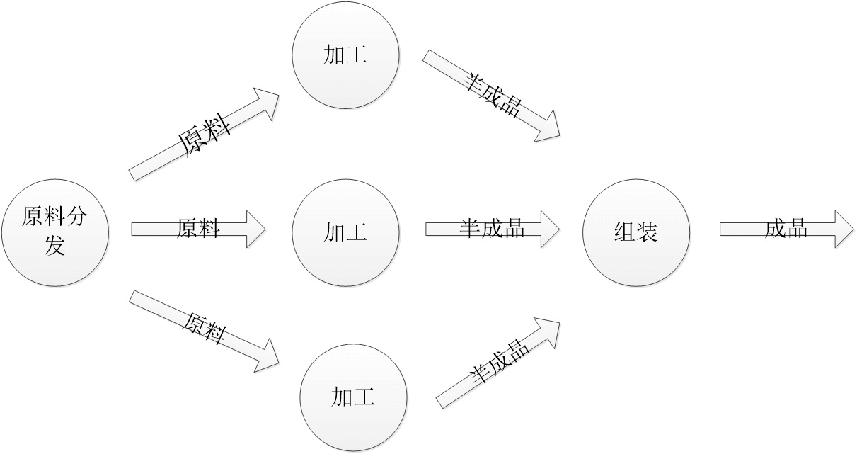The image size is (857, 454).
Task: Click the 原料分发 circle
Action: (54, 232)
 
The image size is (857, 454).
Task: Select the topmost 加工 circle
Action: (345, 55)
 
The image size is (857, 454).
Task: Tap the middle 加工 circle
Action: (345, 232)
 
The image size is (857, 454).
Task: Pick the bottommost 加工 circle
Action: (353, 397)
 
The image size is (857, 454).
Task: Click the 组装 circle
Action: (635, 232)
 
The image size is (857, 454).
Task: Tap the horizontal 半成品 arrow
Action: (488, 228)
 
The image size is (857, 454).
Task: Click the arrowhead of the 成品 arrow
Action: (844, 228)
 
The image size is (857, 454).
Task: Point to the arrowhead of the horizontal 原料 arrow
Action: (255, 228)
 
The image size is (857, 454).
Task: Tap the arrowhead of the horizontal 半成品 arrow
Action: (549, 228)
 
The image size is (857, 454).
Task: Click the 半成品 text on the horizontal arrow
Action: (492, 228)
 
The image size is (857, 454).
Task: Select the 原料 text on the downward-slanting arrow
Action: (205, 327)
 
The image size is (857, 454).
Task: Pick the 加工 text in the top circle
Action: (345, 55)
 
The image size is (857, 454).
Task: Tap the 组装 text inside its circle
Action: (635, 232)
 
